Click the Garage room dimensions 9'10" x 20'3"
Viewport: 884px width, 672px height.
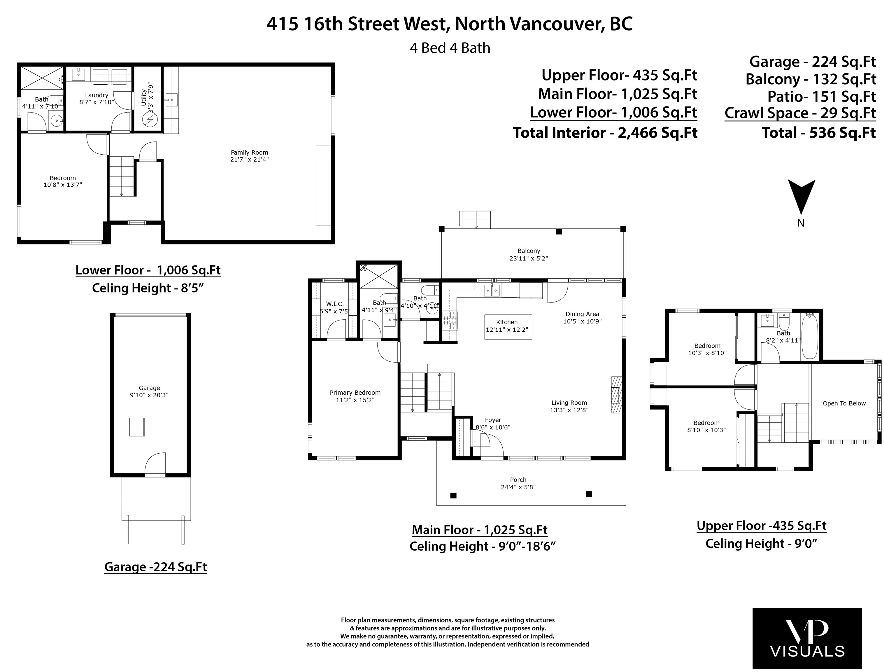click(149, 395)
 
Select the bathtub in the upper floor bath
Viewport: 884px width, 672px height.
click(810, 336)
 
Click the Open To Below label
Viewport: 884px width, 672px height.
click(844, 404)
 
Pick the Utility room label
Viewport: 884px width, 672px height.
click(144, 98)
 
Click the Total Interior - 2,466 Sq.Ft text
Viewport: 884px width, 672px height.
click(605, 133)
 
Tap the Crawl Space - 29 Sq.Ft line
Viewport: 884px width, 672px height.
click(800, 113)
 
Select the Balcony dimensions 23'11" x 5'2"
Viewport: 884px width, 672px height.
click(529, 258)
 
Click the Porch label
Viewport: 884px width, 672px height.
click(518, 480)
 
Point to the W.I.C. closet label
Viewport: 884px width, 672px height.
click(335, 304)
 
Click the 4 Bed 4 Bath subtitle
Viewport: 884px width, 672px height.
click(450, 48)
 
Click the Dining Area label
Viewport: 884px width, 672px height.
click(582, 314)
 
